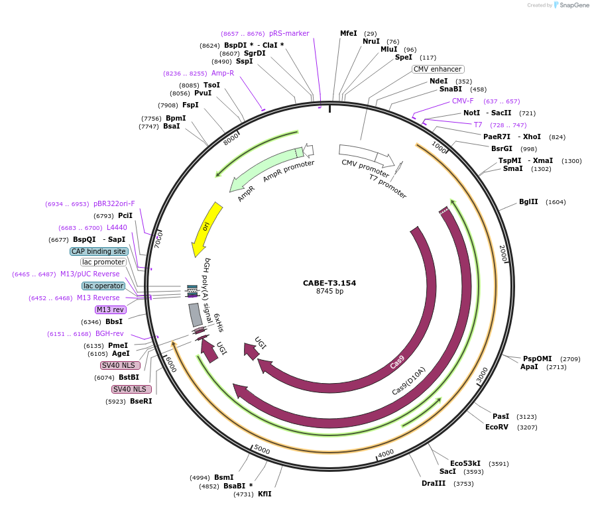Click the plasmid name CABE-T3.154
tap(329, 283)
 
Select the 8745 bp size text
tap(329, 292)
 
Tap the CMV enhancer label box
tap(438, 69)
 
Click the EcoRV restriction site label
tap(497, 427)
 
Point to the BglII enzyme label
tap(528, 202)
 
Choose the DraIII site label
tap(434, 484)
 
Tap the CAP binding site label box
tap(99, 252)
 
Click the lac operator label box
tap(103, 286)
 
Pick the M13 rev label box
tap(110, 309)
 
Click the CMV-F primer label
tap(463, 101)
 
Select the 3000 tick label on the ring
tap(482, 375)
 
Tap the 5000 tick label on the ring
tap(262, 450)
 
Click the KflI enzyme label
tap(265, 494)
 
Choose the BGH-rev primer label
tap(109, 334)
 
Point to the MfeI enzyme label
tap(348, 33)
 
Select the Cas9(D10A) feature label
tap(408, 381)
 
